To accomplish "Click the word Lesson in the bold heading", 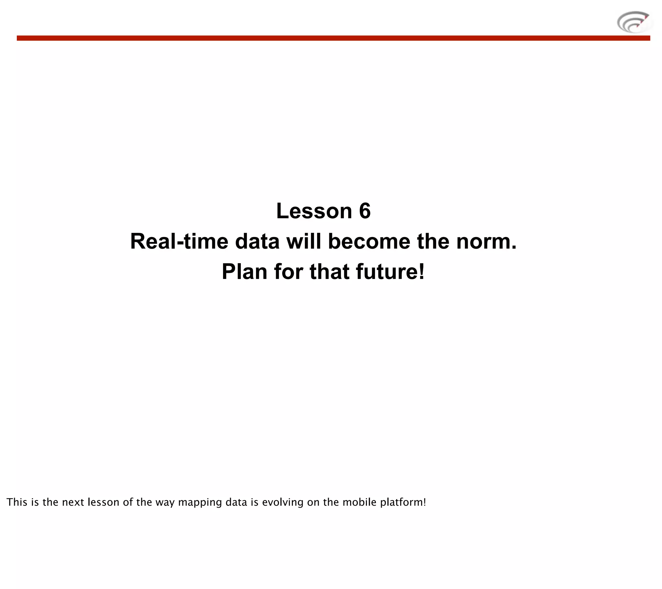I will [x=314, y=211].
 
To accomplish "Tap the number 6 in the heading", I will [x=365, y=211].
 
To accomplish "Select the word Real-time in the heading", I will [x=179, y=242].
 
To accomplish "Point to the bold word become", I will [x=369, y=242].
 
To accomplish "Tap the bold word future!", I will [x=390, y=272].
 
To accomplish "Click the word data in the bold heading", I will [x=257, y=242].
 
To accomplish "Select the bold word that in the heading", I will [x=329, y=272].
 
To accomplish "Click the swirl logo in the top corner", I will [x=634, y=22].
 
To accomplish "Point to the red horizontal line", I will [x=333, y=38].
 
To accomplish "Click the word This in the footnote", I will [x=17, y=502].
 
